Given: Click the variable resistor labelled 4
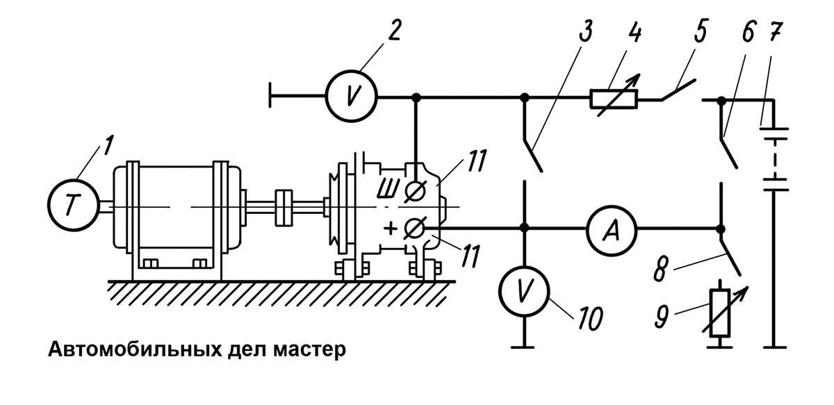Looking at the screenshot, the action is pos(614,99).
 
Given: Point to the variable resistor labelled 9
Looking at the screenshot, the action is pos(721,313).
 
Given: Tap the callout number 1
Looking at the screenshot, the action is pos(108,146).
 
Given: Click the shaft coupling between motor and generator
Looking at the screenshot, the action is pos(284,208).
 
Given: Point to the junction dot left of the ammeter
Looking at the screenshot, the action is pos(524,227).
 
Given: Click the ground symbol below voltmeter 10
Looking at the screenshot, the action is pos(523,347).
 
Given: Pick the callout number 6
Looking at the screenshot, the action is pos(748,32).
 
